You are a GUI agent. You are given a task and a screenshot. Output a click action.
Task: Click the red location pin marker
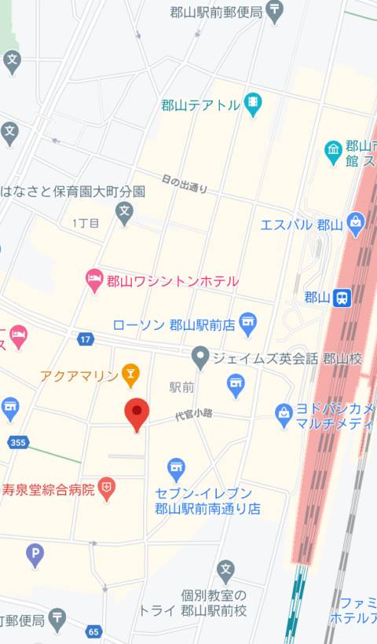tap(137, 414)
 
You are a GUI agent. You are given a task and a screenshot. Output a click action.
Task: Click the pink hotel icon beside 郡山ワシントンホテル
tap(94, 279)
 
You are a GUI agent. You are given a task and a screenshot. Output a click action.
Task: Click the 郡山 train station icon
tap(342, 297)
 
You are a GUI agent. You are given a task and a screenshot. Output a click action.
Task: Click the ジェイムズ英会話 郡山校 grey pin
tap(200, 358)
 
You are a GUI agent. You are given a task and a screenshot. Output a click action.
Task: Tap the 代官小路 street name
tap(194, 414)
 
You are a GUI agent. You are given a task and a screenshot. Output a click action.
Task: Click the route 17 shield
tap(85, 338)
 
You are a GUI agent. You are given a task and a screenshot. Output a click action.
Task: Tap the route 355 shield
tap(18, 443)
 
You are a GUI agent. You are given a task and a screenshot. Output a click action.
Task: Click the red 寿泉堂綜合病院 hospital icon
tap(106, 489)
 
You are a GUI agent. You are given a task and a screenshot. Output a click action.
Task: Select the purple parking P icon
tap(35, 554)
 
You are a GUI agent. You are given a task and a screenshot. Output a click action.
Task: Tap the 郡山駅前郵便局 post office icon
tap(275, 11)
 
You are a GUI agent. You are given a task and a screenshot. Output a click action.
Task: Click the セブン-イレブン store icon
tap(177, 470)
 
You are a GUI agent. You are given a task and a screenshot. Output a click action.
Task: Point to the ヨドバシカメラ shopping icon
tap(284, 413)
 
